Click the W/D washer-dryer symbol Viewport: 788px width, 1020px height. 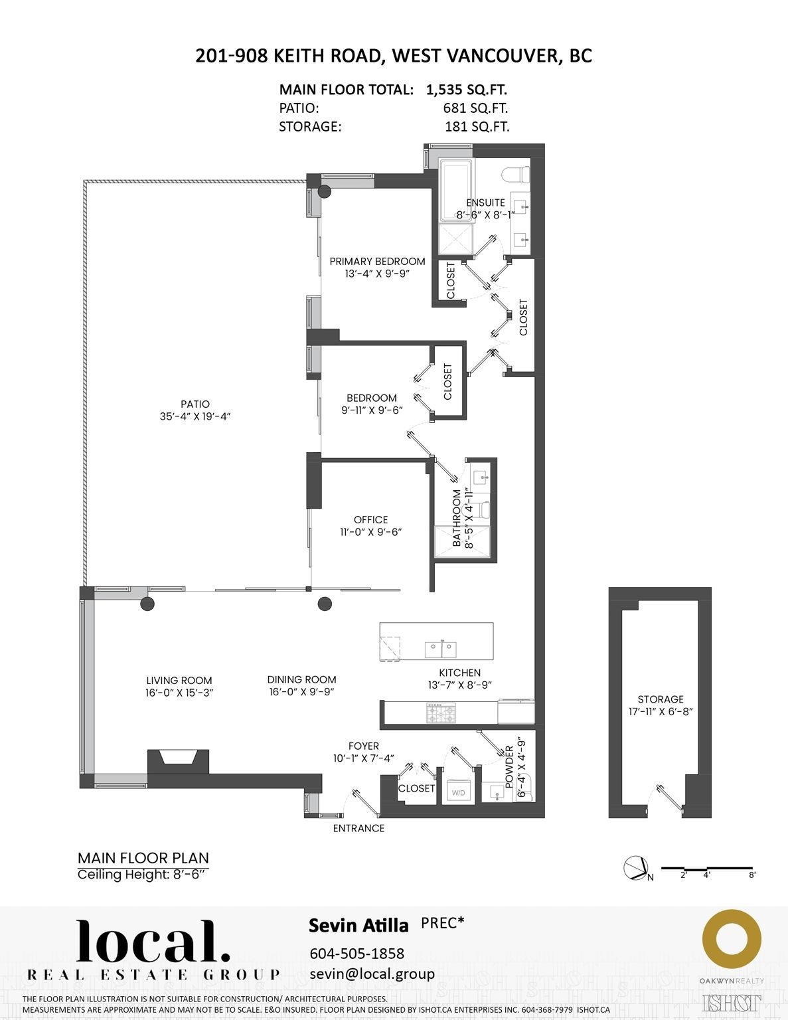coord(458,792)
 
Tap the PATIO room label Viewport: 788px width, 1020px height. coord(195,404)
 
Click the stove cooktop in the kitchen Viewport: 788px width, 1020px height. coord(441,715)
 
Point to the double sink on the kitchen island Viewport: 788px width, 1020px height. coord(439,647)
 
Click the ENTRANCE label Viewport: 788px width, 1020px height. coord(358,828)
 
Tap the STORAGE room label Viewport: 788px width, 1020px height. coord(660,699)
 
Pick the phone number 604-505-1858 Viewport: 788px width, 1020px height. coord(356,953)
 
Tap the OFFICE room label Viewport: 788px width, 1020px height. coord(370,520)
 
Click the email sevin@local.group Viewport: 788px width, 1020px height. coord(372,974)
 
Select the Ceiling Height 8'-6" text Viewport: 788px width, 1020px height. coord(143,875)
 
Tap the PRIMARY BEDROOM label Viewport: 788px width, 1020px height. coord(377,262)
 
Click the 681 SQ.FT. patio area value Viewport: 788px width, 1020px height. coord(475,108)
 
